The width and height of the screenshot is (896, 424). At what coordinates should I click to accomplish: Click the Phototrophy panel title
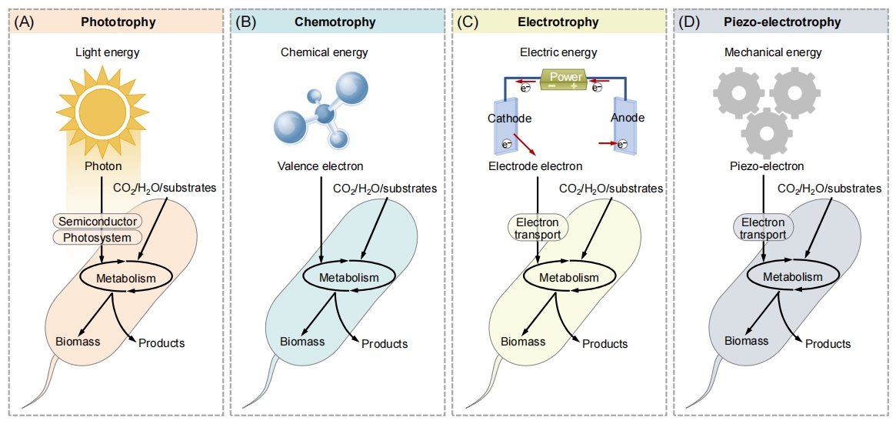coord(118,22)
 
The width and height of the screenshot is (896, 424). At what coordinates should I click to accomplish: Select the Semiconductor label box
coord(98,221)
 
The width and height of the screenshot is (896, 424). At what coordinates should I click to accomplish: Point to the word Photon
coord(103,166)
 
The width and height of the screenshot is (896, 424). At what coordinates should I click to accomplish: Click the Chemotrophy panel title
coord(335,22)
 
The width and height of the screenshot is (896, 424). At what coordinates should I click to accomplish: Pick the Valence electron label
coord(321,166)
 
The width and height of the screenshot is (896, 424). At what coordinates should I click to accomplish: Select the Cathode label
coord(510,119)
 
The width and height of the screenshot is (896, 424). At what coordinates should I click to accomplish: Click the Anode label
coord(628,119)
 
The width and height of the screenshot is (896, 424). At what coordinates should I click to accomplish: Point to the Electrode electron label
coord(535,166)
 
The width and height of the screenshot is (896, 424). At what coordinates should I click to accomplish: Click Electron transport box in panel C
coord(537,228)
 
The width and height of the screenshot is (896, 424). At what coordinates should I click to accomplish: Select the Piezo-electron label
coord(767,166)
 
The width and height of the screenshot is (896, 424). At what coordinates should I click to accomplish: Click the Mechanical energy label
coord(773,52)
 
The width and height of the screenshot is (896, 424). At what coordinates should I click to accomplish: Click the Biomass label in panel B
coord(302,342)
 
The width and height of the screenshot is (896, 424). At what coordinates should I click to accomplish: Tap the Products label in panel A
coord(162,343)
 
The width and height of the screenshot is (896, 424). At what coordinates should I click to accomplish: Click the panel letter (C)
coord(468,22)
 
